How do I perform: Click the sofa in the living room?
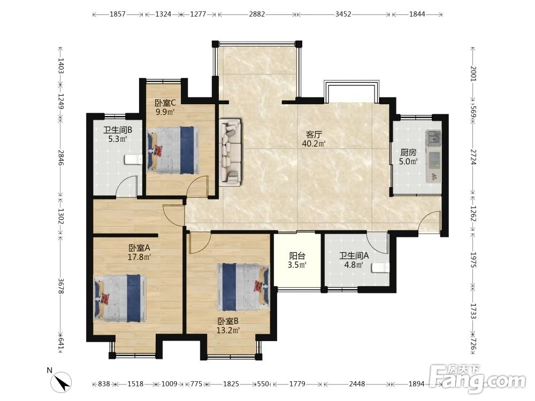tap(230, 152)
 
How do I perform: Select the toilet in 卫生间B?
tap(133, 159)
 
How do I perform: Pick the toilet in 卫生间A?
tap(380, 268)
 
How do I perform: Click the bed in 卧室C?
tap(173, 148)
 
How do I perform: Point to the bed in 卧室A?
tap(120, 298)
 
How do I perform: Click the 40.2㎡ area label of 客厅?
tap(314, 143)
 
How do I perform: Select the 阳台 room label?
tap(297, 256)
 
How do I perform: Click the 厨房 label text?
tap(408, 152)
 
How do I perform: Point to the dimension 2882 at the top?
tap(257, 14)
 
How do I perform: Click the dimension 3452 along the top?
tap(343, 14)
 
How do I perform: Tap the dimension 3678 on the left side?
tap(60, 286)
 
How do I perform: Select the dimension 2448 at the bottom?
tap(357, 384)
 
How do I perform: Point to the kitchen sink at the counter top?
tap(433, 137)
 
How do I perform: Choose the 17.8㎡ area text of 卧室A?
tap(139, 257)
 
